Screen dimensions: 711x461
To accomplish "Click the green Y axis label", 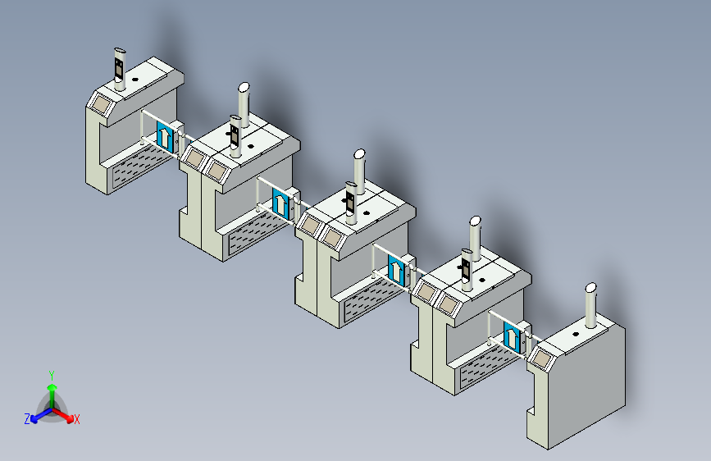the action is [x=52, y=376].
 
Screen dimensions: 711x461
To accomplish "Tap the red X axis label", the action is [x=76, y=420].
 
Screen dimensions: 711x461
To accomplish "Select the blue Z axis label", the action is [x=27, y=419].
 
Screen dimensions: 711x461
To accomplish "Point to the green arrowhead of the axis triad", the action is [x=52, y=387].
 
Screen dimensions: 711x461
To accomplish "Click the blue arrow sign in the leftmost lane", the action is [x=165, y=136].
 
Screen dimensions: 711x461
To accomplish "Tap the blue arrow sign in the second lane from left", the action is [x=280, y=203].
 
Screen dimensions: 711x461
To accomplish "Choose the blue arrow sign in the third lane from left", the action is [x=396, y=270].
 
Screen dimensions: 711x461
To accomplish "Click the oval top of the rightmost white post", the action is [x=590, y=288].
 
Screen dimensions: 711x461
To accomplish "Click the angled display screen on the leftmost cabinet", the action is [x=101, y=104].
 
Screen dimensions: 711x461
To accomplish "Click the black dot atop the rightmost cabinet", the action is [x=576, y=335].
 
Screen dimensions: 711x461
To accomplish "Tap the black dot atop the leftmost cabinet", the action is [x=134, y=80].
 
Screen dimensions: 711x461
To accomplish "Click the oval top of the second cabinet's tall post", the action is [x=244, y=87].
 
